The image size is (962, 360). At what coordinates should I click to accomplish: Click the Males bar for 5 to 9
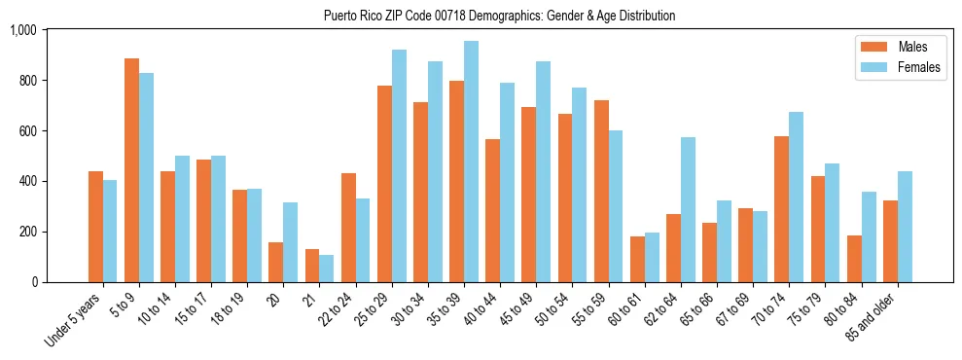click(131, 170)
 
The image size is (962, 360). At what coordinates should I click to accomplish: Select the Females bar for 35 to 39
click(471, 162)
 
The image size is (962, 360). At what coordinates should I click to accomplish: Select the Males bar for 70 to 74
click(781, 209)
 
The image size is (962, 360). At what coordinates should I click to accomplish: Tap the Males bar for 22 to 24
click(348, 228)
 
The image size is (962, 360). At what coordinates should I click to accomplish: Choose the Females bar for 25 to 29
click(399, 165)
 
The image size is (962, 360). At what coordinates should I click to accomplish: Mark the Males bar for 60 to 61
click(637, 259)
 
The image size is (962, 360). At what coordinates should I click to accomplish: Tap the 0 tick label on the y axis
click(33, 282)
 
